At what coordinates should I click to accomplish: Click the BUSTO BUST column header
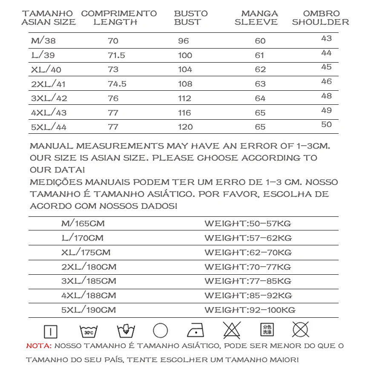point(191,17)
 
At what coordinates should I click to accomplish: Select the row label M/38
point(43,41)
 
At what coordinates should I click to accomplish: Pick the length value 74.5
point(117,84)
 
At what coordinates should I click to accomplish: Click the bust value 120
point(185,127)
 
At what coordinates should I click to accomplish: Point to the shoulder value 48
point(326,96)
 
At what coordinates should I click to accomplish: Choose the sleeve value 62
point(260,69)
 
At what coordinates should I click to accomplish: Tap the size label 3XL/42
point(49,98)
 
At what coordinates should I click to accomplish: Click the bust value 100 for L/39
point(185,55)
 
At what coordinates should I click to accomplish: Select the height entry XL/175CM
point(86,252)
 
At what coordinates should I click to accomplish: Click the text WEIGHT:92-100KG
point(250,310)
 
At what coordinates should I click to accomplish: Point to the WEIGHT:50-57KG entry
point(247,224)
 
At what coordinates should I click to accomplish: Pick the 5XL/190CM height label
point(88,310)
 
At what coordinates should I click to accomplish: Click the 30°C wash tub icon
point(89,331)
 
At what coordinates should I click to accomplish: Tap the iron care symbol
point(196,330)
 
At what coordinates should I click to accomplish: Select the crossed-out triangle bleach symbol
point(232,330)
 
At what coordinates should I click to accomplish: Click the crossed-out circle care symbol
point(300,329)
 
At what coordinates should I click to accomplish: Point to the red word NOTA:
point(39,346)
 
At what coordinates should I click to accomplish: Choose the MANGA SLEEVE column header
point(256,17)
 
